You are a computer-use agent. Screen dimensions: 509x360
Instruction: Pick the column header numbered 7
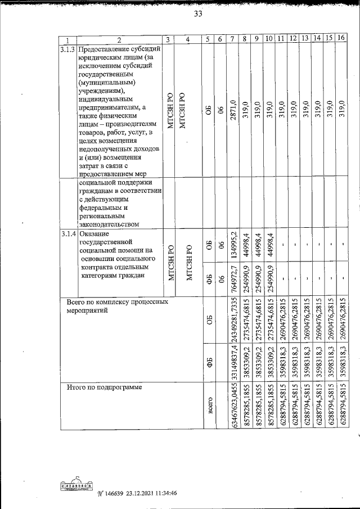tap(232, 39)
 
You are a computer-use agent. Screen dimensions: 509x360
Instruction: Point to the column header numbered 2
tap(119, 40)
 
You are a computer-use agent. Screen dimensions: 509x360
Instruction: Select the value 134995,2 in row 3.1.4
tap(232, 246)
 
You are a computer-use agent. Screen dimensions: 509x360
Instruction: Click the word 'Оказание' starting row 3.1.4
tap(93, 233)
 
